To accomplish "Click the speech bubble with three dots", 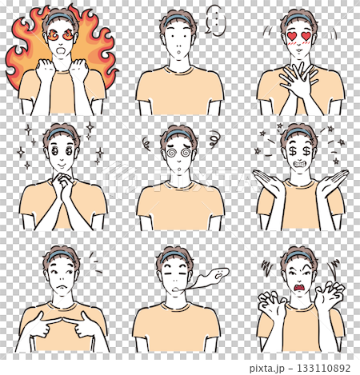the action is (x=215, y=21).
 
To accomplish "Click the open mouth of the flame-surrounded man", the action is (x=62, y=50).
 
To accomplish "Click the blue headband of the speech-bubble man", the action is (x=178, y=19).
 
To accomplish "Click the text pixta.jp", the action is (x=266, y=369).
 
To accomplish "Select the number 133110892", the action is (x=323, y=368).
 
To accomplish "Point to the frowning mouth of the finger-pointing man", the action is (x=62, y=287).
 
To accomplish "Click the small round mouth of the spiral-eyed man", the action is (x=179, y=169).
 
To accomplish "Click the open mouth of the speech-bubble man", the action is (x=179, y=51).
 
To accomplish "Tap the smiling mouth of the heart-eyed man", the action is (x=299, y=50).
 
